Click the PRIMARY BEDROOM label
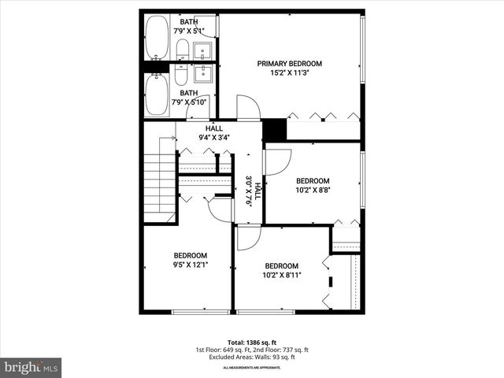click(290, 64)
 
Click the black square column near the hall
click(274, 129)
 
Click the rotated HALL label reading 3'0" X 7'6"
click(252, 190)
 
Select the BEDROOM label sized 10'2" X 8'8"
click(313, 180)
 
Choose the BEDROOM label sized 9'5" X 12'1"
click(191, 255)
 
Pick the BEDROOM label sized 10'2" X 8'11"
click(281, 265)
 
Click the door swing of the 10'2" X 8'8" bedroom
click(276, 162)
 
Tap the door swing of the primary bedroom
click(248, 109)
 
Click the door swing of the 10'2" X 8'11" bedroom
click(247, 238)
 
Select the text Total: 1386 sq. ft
click(252, 343)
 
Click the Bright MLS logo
click(31, 367)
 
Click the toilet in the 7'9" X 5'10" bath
click(181, 75)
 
